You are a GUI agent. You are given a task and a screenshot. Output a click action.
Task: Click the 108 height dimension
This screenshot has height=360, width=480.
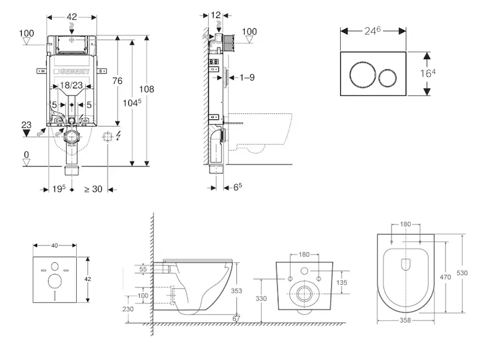(147, 89)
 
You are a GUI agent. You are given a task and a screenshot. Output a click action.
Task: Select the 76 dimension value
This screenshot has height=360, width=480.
(118, 81)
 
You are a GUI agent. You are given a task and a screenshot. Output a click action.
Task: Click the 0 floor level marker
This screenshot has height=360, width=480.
(26, 154)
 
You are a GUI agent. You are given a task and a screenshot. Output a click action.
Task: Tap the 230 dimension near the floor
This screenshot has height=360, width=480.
(128, 309)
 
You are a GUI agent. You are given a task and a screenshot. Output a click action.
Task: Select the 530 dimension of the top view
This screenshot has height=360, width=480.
(462, 273)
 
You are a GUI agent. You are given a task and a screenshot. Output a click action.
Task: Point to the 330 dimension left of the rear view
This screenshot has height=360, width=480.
(261, 298)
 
